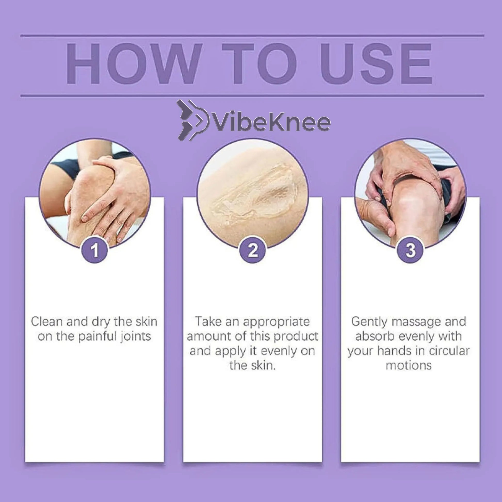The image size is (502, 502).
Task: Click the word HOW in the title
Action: pos(134,64)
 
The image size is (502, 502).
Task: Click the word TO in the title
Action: pos(260,64)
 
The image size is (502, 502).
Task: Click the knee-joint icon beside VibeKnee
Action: pos(193,120)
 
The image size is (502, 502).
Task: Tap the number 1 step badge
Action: pos(95,250)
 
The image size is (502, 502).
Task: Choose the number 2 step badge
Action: pos(253,250)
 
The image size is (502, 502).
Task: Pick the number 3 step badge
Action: pos(410,250)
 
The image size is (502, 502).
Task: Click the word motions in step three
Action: pos(409,365)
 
